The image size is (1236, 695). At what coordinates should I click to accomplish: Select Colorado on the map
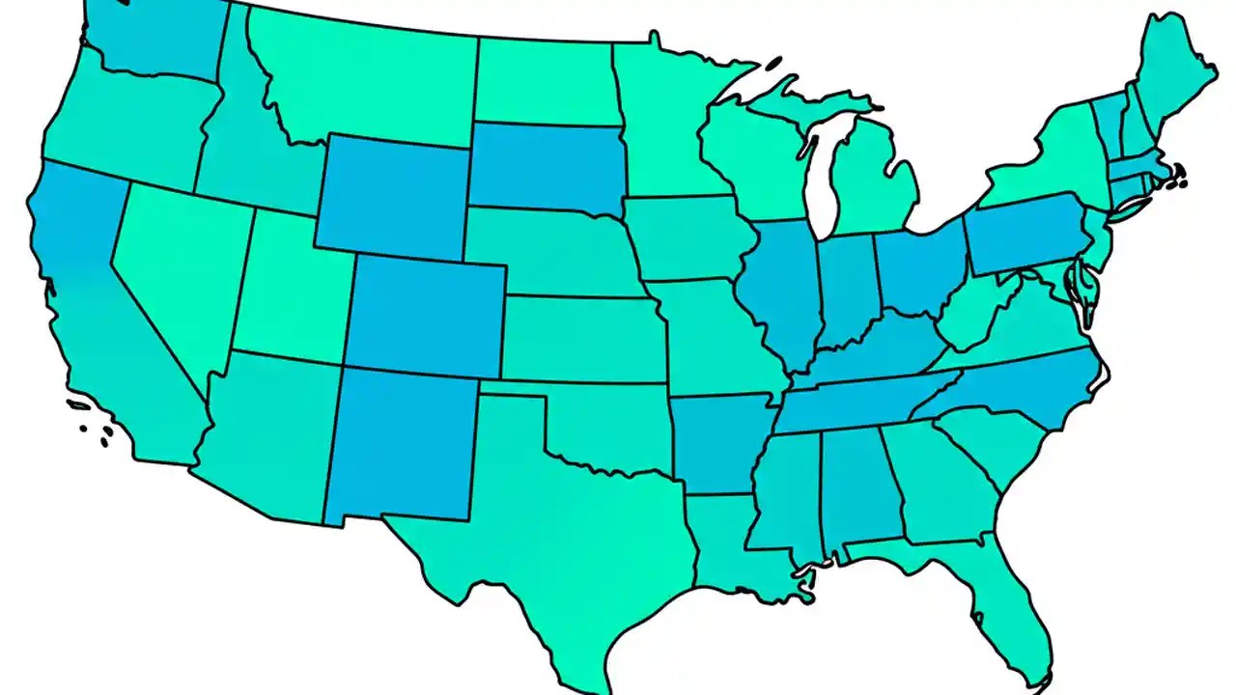coord(425,314)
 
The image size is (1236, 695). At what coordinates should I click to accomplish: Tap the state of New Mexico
coord(401,444)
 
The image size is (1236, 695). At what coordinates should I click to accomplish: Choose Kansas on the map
coord(579,338)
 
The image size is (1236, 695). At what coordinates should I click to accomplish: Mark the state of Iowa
coord(686,236)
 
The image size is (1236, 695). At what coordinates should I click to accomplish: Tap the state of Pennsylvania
coord(1024,236)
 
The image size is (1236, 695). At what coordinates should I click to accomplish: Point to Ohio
coord(917,270)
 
